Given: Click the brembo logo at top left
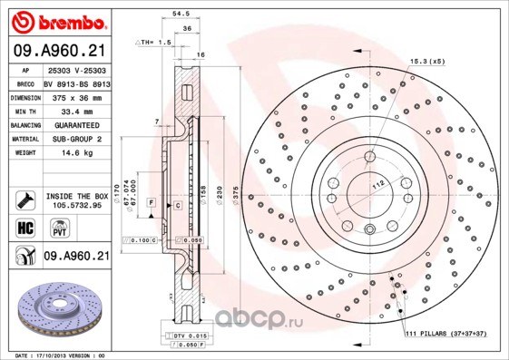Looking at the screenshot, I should pyautogui.click(x=56, y=20).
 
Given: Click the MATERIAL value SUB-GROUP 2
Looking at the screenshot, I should pyautogui.click(x=75, y=139).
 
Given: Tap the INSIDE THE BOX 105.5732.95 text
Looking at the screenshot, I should pyautogui.click(x=76, y=200).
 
